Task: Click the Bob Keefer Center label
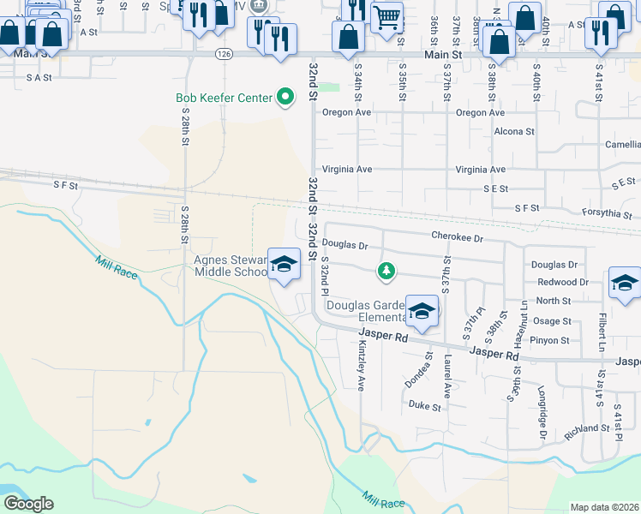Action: point(224,98)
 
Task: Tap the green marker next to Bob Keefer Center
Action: point(285,98)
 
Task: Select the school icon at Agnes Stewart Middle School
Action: point(283,264)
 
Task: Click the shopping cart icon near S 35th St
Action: point(387,16)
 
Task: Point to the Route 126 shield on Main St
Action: point(224,53)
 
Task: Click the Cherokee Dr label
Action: point(458,237)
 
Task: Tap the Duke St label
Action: point(424,405)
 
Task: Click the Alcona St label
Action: point(514,132)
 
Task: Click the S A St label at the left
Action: point(39,77)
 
